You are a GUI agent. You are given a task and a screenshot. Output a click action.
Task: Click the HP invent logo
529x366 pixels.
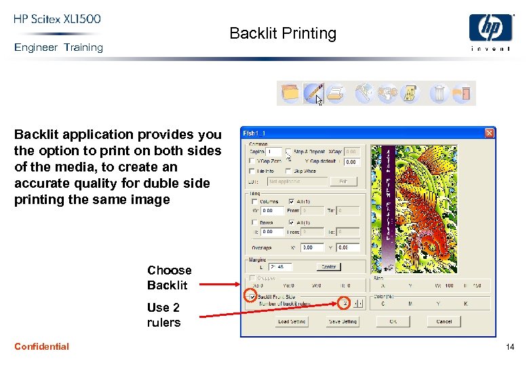[x=490, y=33]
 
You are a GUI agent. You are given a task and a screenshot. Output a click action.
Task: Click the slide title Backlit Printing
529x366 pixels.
[x=283, y=33]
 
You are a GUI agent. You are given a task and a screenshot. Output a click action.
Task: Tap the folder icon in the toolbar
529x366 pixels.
[x=290, y=93]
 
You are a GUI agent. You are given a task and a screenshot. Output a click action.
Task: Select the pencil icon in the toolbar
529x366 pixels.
[x=313, y=92]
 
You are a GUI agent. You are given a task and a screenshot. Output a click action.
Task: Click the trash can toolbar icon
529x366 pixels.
[x=439, y=93]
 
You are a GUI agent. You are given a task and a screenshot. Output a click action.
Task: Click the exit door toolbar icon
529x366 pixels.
[x=462, y=93]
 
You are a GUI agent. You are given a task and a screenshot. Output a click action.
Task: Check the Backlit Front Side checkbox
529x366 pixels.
[x=252, y=297]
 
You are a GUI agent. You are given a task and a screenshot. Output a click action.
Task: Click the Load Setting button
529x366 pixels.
[x=292, y=322]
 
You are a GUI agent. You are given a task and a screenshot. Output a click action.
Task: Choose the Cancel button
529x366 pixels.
[x=444, y=322]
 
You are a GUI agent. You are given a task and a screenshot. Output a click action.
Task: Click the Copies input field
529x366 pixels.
[x=274, y=152]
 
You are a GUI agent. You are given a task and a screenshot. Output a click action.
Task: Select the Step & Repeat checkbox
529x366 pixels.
[x=289, y=152]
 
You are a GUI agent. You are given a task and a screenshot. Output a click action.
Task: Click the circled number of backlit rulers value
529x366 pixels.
[x=345, y=303]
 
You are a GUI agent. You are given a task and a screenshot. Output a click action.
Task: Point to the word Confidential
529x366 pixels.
[x=41, y=346]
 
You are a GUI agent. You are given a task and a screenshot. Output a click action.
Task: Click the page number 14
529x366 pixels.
[x=509, y=347]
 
